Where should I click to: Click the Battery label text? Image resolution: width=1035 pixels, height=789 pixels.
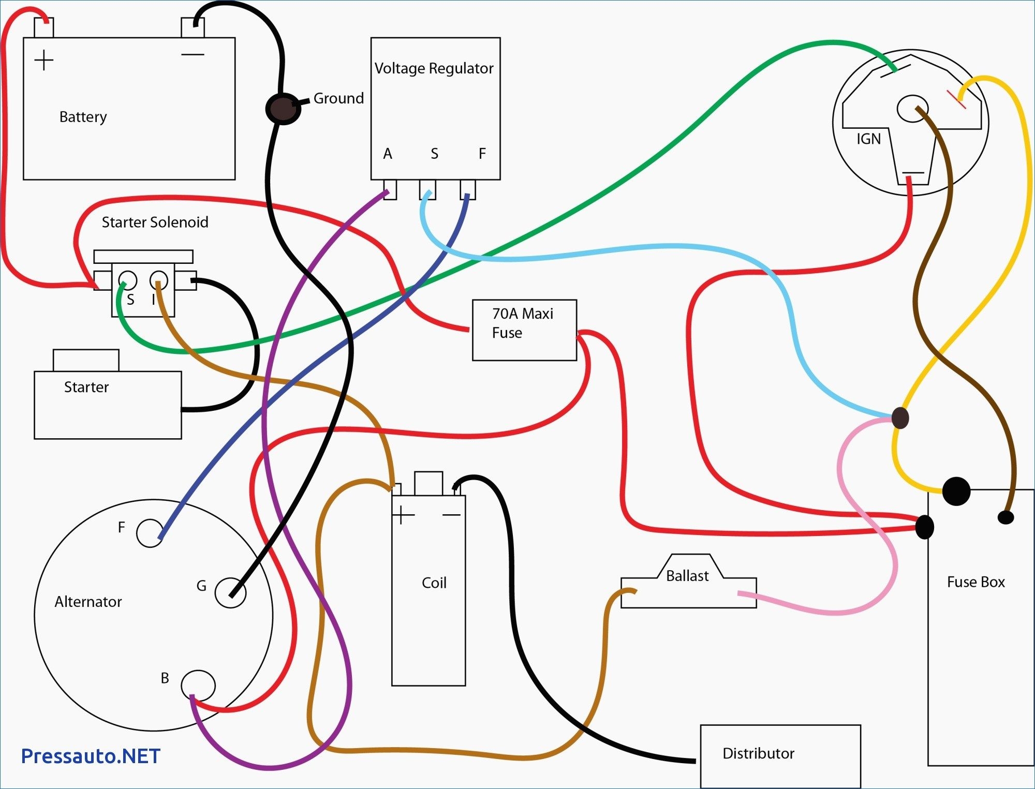[x=83, y=117]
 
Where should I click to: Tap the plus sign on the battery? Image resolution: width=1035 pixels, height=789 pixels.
[x=44, y=60]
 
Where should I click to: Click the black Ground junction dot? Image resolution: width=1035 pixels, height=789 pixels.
[x=283, y=109]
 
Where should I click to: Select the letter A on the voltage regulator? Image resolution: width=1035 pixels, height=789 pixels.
[x=388, y=154]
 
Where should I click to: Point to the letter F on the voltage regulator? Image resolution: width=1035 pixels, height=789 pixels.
[x=482, y=154]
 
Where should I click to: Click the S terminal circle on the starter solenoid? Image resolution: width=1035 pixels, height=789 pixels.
[x=128, y=280]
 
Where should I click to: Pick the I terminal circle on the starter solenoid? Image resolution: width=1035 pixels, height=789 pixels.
[x=159, y=280]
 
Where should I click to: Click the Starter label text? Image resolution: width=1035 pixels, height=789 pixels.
[x=86, y=387]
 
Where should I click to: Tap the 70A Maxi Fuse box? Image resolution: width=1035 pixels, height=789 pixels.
[x=524, y=330]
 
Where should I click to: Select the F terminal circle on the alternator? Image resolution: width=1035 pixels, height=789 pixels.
[x=150, y=533]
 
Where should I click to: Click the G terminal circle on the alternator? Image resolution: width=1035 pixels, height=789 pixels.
[x=230, y=593]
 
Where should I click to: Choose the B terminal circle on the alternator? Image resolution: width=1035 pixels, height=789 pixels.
[x=198, y=685]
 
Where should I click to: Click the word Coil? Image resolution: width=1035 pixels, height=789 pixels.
[x=434, y=583]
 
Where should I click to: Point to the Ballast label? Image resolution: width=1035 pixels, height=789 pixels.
[x=687, y=576]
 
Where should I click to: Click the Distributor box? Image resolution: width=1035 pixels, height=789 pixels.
[x=780, y=755]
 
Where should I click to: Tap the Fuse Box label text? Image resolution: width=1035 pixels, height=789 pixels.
[x=975, y=582]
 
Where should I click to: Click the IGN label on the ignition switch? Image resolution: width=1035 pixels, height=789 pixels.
[x=868, y=139]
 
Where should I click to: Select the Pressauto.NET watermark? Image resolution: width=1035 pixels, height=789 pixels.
[x=91, y=756]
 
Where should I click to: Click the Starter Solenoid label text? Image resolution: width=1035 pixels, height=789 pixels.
[x=155, y=222]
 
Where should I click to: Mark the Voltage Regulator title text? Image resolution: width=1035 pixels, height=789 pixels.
[x=434, y=68]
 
